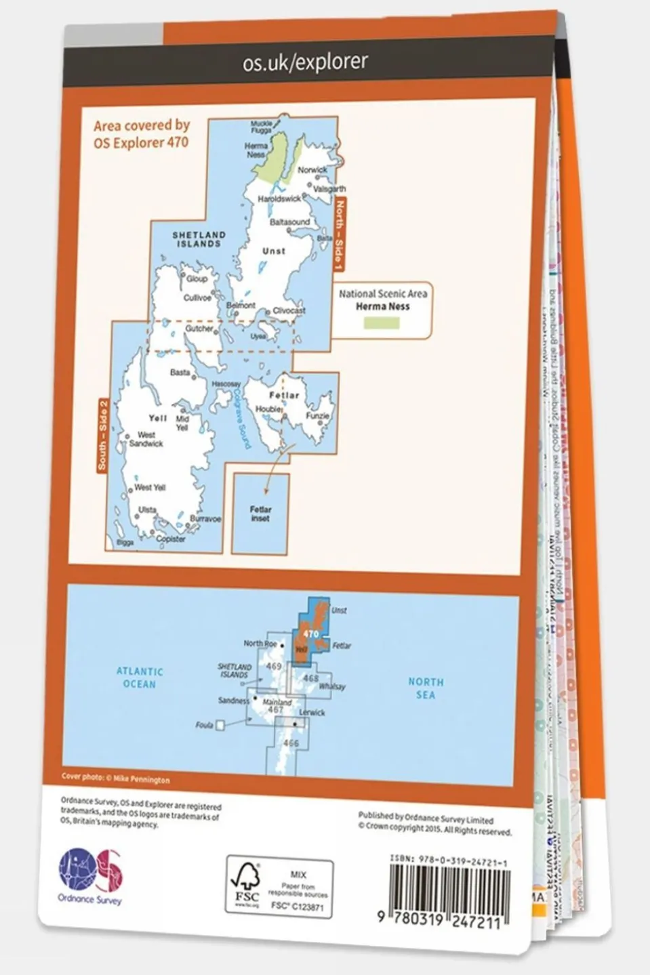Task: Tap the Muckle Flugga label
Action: pyautogui.click(x=262, y=127)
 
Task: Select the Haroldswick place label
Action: pyautogui.click(x=279, y=199)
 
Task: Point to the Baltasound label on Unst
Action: pyautogui.click(x=289, y=222)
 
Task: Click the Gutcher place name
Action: pyautogui.click(x=199, y=329)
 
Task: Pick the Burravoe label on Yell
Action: pyautogui.click(x=205, y=519)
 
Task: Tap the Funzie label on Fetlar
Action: pyautogui.click(x=317, y=416)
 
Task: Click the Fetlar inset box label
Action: pyautogui.click(x=260, y=514)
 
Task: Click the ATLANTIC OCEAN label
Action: pyautogui.click(x=140, y=678)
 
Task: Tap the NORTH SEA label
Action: pyautogui.click(x=426, y=688)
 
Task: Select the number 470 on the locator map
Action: pyautogui.click(x=311, y=634)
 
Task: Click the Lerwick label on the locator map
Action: pyautogui.click(x=312, y=713)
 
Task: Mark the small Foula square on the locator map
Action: pyautogui.click(x=220, y=725)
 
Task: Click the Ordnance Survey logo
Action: pyautogui.click(x=90, y=874)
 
